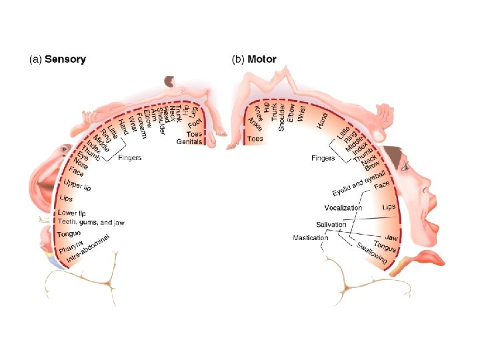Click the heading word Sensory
(65, 59)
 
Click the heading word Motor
(262, 59)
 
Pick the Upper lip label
(77, 185)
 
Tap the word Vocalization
(343, 207)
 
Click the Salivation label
(331, 225)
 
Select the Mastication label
(311, 238)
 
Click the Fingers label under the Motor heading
(324, 158)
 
